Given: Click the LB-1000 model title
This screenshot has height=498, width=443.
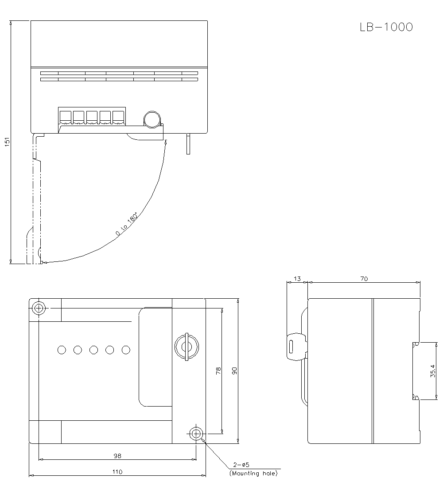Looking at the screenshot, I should click(x=386, y=28).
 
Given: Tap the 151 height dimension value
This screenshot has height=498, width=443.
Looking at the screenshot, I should click(x=6, y=142).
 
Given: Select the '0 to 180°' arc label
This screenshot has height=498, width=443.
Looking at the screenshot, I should click(x=127, y=225).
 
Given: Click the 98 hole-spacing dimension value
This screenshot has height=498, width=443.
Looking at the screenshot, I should click(x=117, y=455).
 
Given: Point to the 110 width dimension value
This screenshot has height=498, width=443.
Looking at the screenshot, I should click(x=117, y=472).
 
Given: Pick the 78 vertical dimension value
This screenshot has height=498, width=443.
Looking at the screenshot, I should click(x=218, y=371).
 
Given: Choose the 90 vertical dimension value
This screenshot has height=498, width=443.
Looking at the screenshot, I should click(x=234, y=371).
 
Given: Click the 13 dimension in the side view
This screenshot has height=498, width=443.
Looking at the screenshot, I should click(x=297, y=279).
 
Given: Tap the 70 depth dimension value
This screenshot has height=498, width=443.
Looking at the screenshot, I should click(x=364, y=279).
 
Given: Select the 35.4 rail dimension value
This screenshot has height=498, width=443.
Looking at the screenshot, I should click(x=433, y=371).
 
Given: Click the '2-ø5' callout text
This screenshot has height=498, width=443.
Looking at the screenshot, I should click(x=242, y=465).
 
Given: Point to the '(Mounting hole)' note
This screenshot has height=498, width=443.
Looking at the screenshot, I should click(x=253, y=474).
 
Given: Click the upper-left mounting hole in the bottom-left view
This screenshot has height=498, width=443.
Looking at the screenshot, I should click(x=39, y=308).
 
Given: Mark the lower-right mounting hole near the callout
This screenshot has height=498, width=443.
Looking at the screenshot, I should click(x=195, y=434).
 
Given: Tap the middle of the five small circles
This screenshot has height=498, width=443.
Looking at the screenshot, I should click(x=93, y=350).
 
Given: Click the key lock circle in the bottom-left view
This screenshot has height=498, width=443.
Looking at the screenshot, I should click(x=186, y=346).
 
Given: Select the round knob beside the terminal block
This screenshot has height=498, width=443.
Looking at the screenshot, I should click(x=152, y=119).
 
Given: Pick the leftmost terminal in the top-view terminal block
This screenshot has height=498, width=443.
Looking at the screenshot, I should click(x=65, y=117).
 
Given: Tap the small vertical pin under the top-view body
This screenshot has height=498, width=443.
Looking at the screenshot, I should click(x=188, y=144).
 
